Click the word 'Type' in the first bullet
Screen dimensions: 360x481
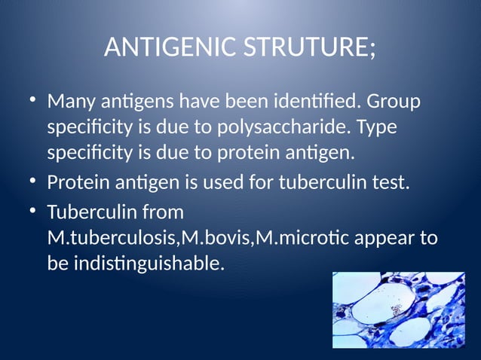pyautogui.click(x=377, y=127)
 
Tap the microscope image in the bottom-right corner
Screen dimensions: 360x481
pyautogui.click(x=399, y=310)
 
